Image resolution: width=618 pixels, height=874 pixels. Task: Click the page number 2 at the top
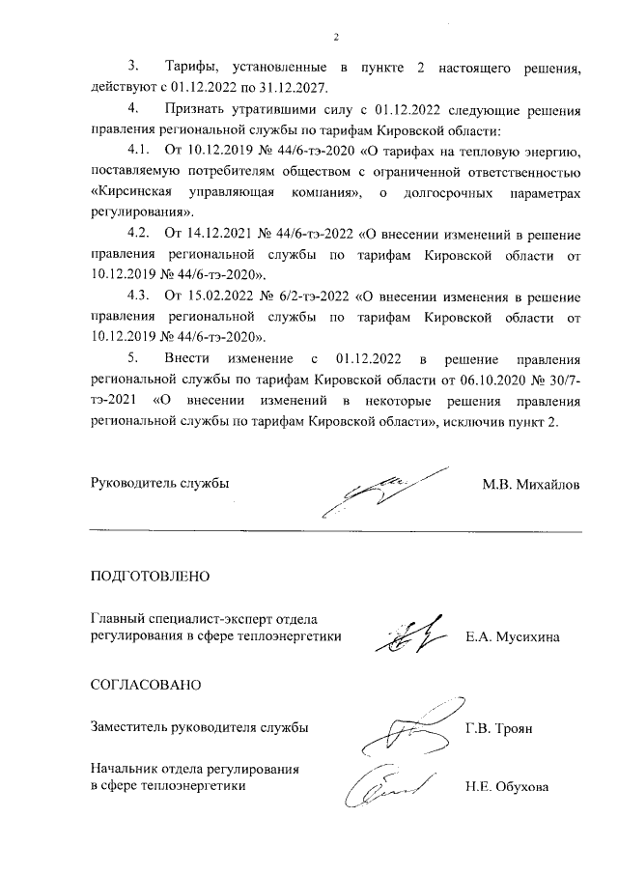[336, 38]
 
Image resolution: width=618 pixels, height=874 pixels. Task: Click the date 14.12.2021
[219, 234]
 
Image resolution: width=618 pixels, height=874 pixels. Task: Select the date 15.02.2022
[219, 296]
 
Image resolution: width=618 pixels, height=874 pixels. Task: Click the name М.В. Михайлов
[532, 484]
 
